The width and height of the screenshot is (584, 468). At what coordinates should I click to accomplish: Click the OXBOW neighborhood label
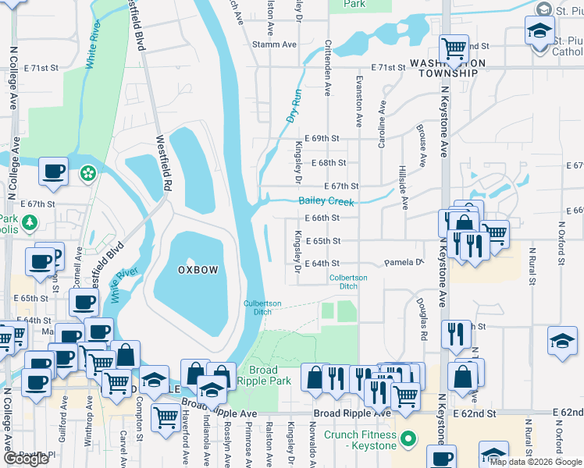tap(197, 269)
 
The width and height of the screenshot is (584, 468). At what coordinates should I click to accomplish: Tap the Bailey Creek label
tap(326, 202)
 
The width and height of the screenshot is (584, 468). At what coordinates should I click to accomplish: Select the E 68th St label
tap(328, 163)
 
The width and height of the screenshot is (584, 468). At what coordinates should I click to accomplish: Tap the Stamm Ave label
tap(274, 44)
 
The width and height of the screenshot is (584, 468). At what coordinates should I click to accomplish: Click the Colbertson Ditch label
tap(347, 282)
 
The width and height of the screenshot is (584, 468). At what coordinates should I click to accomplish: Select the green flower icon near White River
tap(88, 172)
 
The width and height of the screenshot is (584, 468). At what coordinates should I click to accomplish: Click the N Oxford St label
tap(560, 245)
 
